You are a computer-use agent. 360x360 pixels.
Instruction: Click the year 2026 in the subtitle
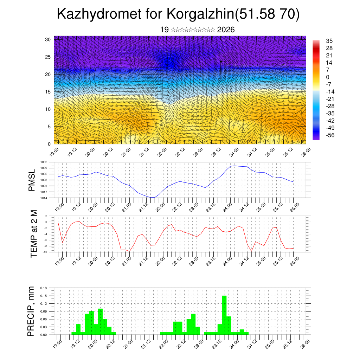[x=226, y=30]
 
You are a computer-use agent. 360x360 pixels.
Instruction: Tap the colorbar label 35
[x=329, y=41]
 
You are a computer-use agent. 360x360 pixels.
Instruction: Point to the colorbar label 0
[x=328, y=77]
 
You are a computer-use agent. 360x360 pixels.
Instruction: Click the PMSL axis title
[x=32, y=180]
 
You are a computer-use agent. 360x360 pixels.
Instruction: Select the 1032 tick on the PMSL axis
[x=43, y=162]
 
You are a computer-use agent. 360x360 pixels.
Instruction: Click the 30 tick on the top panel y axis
[x=48, y=39]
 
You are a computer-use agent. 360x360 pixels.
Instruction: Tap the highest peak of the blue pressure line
[x=233, y=166]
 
